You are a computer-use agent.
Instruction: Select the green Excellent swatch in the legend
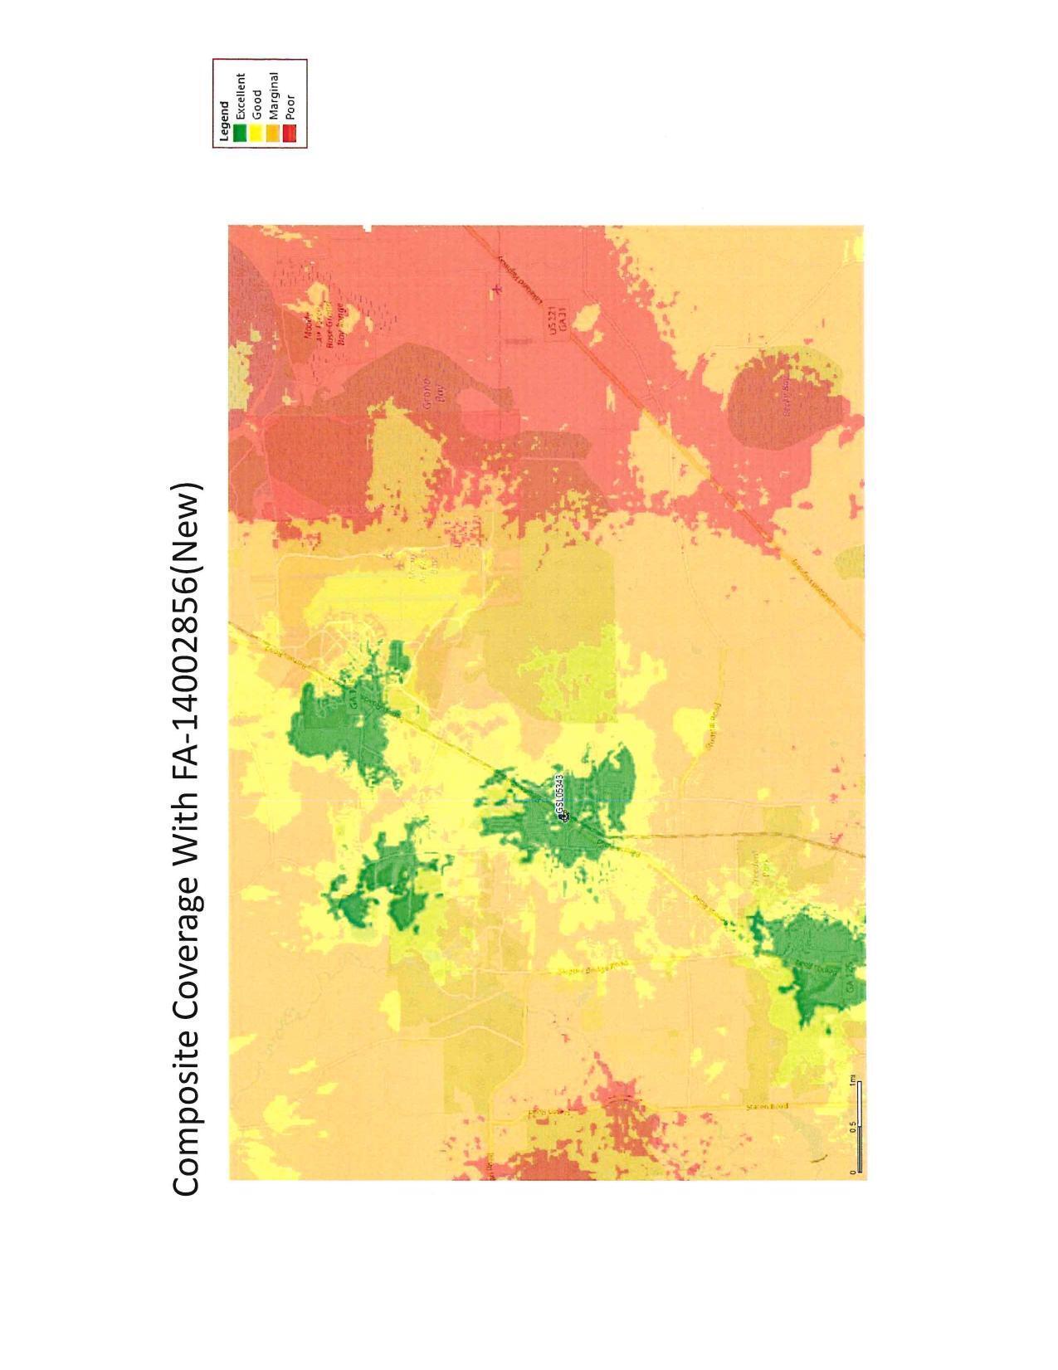tap(240, 134)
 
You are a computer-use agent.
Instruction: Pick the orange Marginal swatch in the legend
tap(272, 134)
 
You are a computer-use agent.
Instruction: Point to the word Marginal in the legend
tap(272, 98)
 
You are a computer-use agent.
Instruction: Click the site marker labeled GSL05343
tap(564, 817)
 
